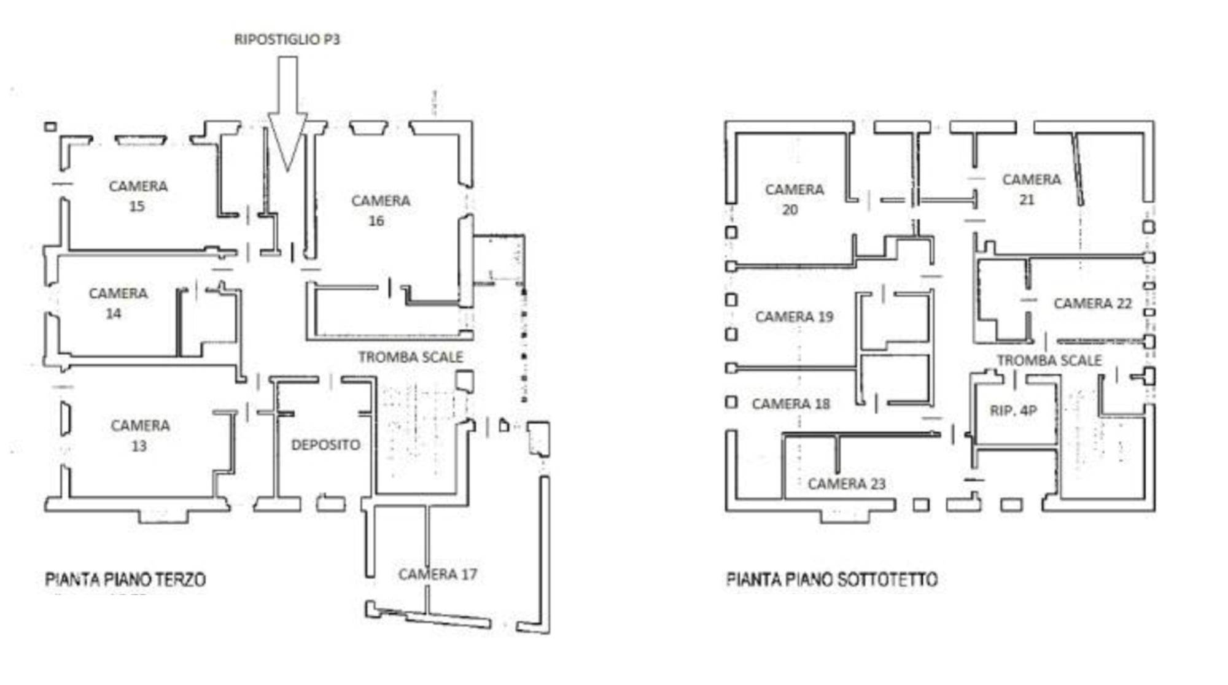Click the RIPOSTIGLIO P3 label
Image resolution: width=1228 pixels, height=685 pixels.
287,39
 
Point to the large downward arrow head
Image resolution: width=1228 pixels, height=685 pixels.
287,141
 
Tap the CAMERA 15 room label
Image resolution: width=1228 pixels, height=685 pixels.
138,196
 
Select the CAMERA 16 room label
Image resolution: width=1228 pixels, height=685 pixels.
381,211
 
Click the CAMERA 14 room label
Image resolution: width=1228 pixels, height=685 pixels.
118,303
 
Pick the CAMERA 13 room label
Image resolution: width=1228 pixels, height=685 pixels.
140,435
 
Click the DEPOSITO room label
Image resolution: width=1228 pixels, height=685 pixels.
325,444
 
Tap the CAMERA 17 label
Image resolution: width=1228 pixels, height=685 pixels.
437,574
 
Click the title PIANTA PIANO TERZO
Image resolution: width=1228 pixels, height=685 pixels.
125,579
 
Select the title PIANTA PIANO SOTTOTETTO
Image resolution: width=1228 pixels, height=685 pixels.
832,579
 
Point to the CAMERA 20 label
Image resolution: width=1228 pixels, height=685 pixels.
795,199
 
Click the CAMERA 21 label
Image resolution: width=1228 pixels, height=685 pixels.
1032,189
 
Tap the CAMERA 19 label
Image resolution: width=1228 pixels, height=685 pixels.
794,317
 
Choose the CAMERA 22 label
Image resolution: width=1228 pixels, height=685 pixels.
1092,303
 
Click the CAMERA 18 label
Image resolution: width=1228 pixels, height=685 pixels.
791,404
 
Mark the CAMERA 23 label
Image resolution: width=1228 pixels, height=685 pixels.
847,484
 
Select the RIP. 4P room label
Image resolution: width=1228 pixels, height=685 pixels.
1013,410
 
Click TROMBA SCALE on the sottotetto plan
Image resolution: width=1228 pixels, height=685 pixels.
1049,360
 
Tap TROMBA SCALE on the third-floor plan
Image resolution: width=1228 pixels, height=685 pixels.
411,357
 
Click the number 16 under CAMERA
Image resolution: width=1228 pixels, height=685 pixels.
376,220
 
